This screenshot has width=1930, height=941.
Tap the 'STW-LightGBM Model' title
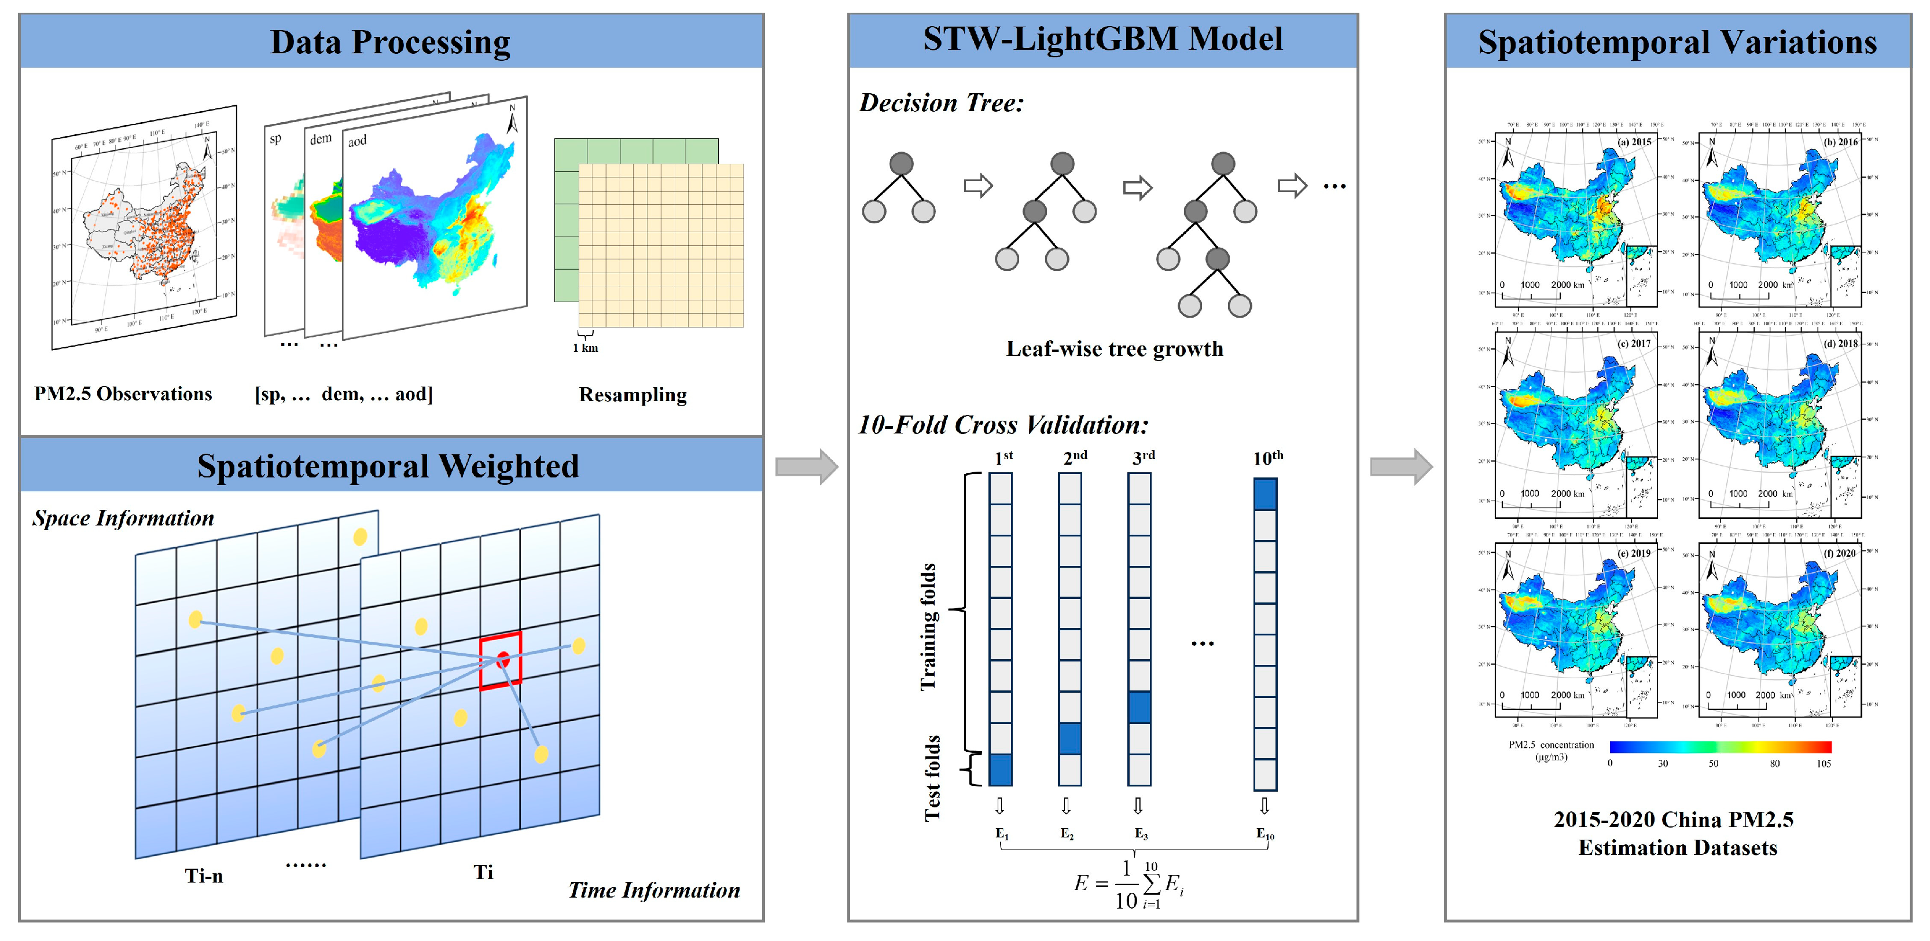pyautogui.click(x=1102, y=39)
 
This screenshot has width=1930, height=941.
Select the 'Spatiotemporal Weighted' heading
pyautogui.click(x=388, y=466)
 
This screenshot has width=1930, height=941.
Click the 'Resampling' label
pyautogui.click(x=633, y=395)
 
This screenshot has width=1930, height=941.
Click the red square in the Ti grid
pyautogui.click(x=501, y=660)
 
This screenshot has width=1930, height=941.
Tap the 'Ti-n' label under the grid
pyautogui.click(x=204, y=875)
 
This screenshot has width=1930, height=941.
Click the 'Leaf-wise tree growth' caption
pyautogui.click(x=1114, y=349)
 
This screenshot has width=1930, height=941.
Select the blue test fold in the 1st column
pyautogui.click(x=1000, y=770)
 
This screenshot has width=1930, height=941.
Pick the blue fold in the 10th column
pyautogui.click(x=1264, y=494)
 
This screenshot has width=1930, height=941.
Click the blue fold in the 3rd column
pyautogui.click(x=1139, y=707)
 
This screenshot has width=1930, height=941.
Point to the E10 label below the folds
pyautogui.click(x=1264, y=834)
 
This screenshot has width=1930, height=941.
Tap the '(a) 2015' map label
pyautogui.click(x=1634, y=142)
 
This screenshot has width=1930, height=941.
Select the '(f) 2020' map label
pyautogui.click(x=1839, y=553)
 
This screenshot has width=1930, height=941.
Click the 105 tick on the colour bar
pyautogui.click(x=1823, y=763)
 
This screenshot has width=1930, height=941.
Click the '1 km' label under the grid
pyautogui.click(x=585, y=348)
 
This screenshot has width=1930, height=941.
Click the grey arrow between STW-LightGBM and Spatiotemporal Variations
pyautogui.click(x=1400, y=467)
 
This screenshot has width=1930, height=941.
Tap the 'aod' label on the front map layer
pyautogui.click(x=358, y=141)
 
